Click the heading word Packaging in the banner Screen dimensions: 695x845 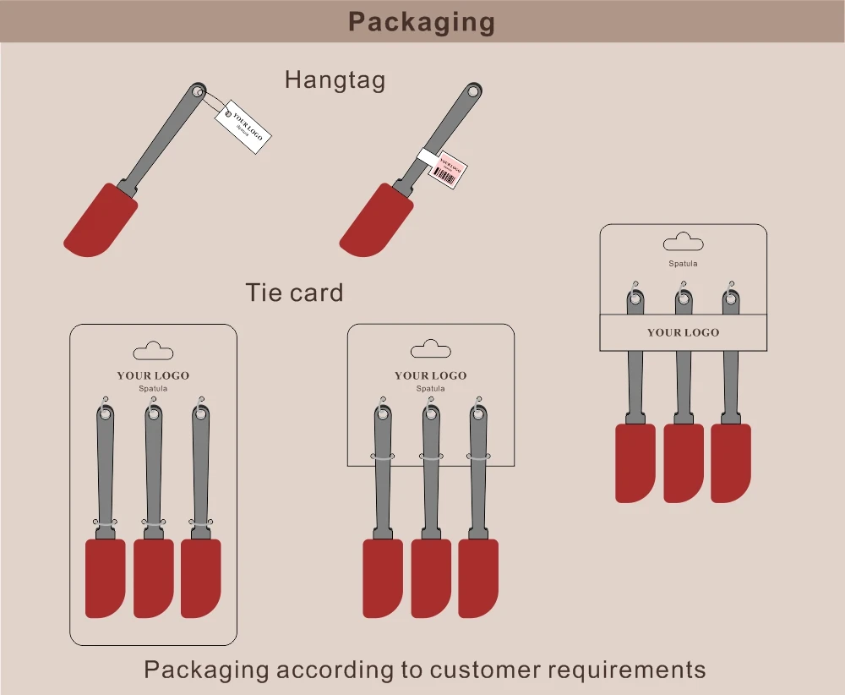tap(422, 21)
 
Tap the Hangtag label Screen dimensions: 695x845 tap(335, 79)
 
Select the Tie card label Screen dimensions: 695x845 tap(294, 293)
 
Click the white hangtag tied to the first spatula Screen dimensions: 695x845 tap(243, 128)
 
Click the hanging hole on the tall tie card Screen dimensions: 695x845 tap(153, 351)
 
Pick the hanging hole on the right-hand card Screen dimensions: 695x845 tap(683, 244)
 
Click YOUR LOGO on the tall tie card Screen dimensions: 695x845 tap(153, 375)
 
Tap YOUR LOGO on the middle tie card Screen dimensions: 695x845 tap(430, 375)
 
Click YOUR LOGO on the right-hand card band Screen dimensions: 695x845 tap(683, 332)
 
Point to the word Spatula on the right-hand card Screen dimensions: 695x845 tap(683, 264)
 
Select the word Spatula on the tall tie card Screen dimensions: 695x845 tap(153, 389)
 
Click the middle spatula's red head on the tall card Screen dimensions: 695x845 tap(153, 578)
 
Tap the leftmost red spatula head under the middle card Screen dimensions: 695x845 tap(383, 578)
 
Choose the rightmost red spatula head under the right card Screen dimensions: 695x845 tap(731, 462)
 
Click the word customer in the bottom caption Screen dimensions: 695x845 tap(484, 670)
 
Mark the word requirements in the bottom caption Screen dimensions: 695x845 tap(626, 670)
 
